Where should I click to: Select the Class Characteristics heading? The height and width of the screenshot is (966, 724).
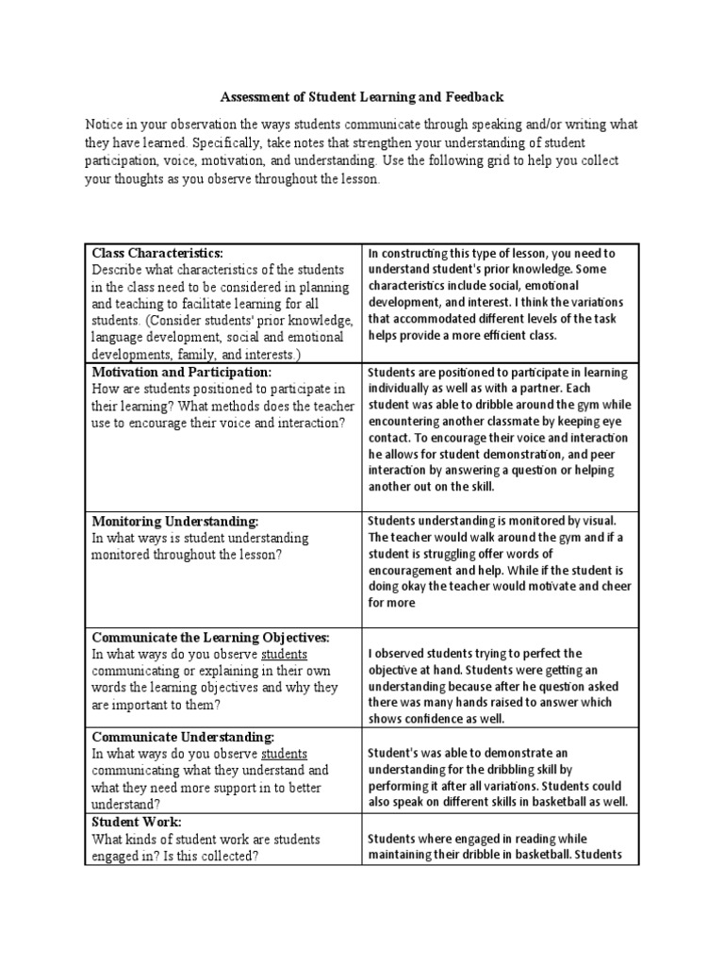[156, 253]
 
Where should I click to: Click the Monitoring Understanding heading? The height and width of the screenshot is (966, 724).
[174, 521]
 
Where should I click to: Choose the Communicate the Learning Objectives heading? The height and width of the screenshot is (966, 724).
[210, 638]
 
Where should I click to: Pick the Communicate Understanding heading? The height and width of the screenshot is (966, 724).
[182, 737]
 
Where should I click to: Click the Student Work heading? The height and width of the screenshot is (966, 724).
[138, 823]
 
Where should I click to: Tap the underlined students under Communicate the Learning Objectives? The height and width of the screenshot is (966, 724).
[284, 654]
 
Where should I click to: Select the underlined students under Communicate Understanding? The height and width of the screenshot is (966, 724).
[284, 753]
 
